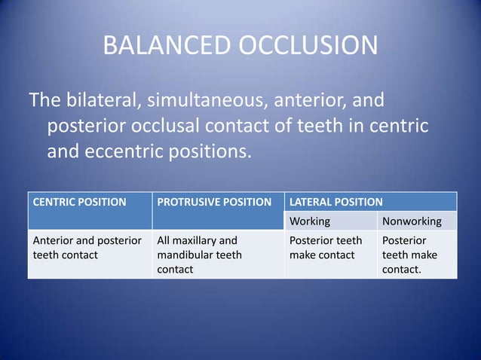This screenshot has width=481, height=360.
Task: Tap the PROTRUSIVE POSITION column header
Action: pyautogui.click(x=214, y=202)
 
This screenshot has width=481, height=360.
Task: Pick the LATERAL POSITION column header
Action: pyautogui.click(x=336, y=202)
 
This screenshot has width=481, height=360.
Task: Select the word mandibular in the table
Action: pyautogui.click(x=185, y=255)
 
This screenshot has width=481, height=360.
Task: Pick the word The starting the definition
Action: pyautogui.click(x=44, y=99)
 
